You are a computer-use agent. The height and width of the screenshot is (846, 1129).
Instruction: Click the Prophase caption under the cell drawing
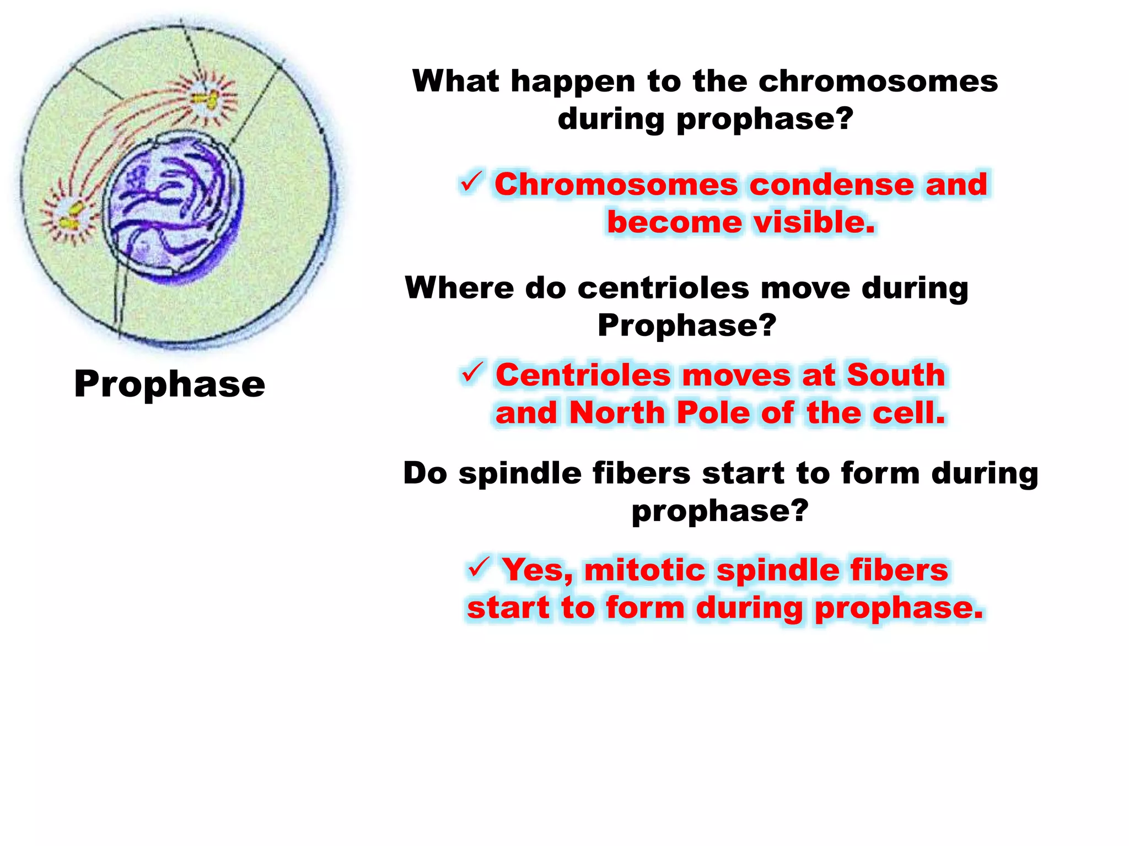[x=169, y=384]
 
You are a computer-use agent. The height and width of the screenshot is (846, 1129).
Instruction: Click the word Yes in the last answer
[x=536, y=570]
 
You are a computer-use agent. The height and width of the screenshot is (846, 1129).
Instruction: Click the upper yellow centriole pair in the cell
[x=205, y=100]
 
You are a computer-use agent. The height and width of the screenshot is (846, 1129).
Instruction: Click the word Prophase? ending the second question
[x=686, y=325]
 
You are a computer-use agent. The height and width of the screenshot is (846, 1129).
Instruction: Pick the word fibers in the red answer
[x=899, y=570]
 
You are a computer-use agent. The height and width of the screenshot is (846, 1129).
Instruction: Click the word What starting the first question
[x=455, y=81]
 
